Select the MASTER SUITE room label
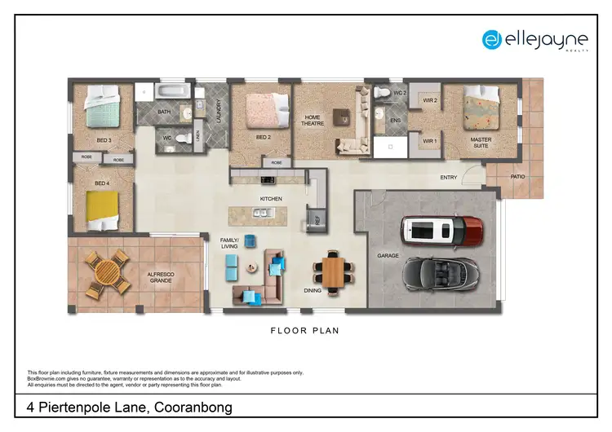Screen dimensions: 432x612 (x=481, y=143)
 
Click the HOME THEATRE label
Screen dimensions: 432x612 (x=313, y=121)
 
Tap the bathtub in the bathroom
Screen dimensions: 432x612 (x=174, y=90)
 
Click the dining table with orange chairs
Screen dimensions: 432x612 (x=333, y=271)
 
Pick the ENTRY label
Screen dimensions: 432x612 (x=449, y=177)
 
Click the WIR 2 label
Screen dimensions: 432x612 (x=430, y=101)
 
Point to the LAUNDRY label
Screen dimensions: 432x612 (x=220, y=110)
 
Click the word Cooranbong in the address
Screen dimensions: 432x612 (x=182, y=407)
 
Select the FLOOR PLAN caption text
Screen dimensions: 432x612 (x=304, y=331)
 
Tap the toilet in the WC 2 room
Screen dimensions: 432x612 (x=382, y=93)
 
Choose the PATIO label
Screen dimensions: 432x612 (x=517, y=176)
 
